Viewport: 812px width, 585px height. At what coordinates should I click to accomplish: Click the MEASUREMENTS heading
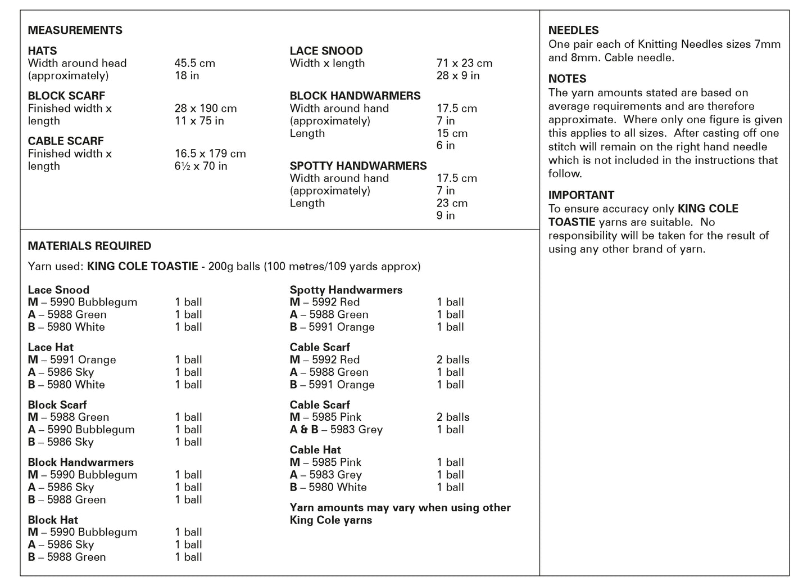[x=75, y=30]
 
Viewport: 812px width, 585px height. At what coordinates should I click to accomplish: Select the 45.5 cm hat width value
[x=194, y=63]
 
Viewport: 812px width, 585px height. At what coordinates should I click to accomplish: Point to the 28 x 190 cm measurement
[x=205, y=108]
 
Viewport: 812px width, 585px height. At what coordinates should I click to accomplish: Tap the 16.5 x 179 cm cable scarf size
[x=210, y=154]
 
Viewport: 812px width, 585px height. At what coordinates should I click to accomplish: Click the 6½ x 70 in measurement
[x=201, y=166]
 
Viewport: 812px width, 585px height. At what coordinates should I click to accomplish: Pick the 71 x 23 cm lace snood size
[x=464, y=63]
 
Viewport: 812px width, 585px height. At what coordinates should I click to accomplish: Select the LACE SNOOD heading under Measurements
[x=326, y=51]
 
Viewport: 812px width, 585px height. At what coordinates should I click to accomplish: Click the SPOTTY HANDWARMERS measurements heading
[x=358, y=166]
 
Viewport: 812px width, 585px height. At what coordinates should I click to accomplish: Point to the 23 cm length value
[x=452, y=203]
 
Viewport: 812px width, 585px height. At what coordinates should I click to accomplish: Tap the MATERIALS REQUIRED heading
[x=89, y=246]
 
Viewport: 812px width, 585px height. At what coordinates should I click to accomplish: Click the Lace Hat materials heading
[x=51, y=347]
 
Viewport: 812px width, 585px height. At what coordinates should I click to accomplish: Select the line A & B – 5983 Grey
[x=336, y=430]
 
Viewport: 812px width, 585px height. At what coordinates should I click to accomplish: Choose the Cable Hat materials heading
[x=315, y=449]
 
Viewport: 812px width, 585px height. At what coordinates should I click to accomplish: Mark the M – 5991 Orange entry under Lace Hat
[x=72, y=359]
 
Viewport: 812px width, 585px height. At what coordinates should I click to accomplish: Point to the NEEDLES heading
[x=573, y=30]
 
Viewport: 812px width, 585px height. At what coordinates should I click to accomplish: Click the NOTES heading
[x=567, y=79]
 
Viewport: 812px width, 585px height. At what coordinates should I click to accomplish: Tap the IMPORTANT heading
[x=581, y=195]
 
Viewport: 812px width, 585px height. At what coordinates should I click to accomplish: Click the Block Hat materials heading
[x=53, y=520]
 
